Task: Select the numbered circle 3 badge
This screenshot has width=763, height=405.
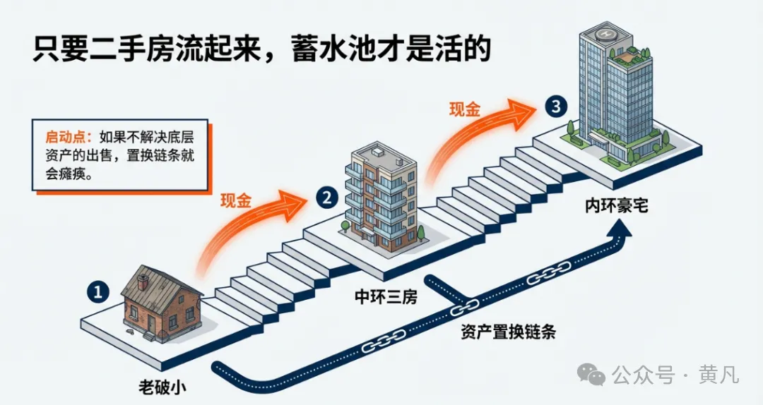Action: [557, 107]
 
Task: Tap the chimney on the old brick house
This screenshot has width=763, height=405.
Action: [143, 282]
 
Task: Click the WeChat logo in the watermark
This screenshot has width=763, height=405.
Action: [591, 375]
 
